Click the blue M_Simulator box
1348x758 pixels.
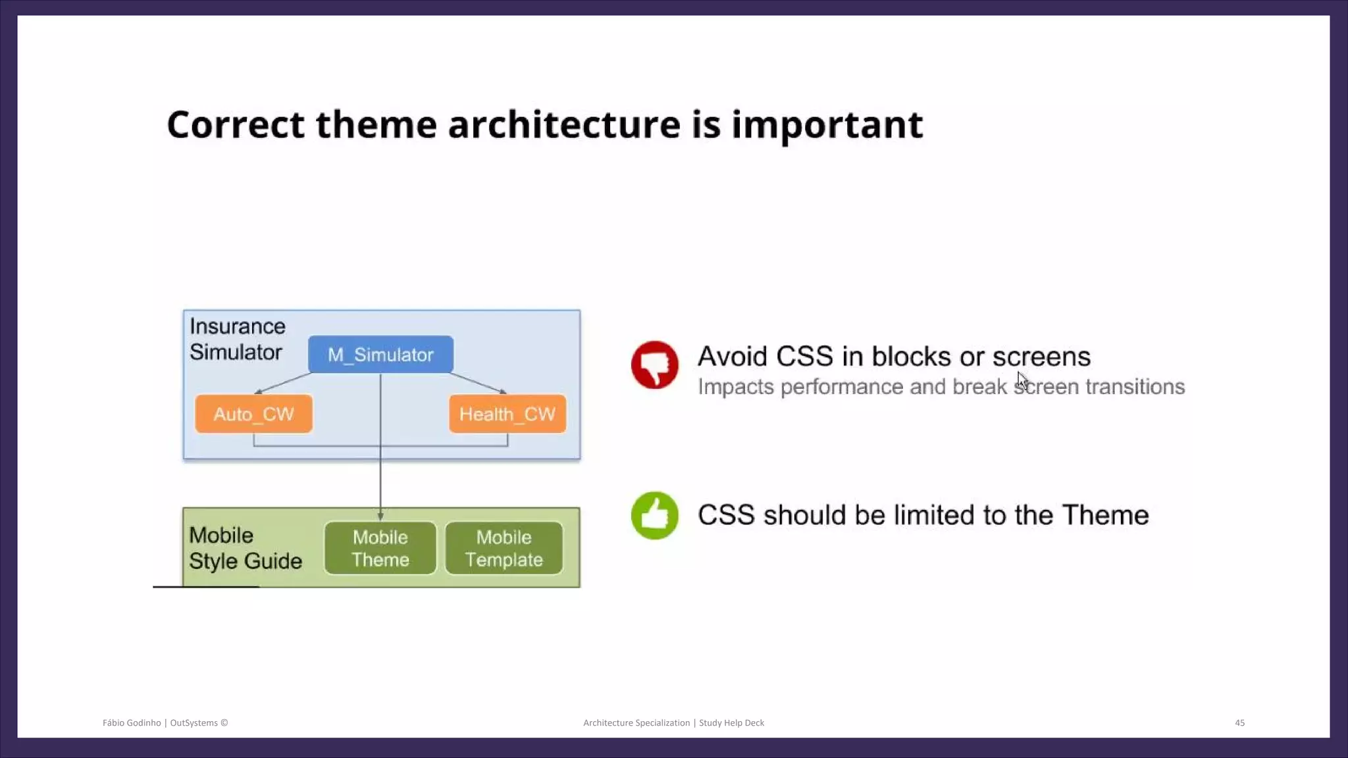point(380,355)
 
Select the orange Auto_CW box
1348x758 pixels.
point(253,414)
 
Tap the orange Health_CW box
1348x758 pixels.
point(507,414)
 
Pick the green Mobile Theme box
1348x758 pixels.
point(380,548)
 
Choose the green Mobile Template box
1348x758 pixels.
point(504,548)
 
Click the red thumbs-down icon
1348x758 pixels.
point(654,365)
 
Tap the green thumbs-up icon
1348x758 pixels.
point(654,515)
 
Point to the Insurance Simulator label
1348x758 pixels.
point(237,339)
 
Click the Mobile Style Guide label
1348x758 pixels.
point(245,548)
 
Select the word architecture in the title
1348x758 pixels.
point(563,124)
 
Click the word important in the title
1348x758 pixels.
point(827,124)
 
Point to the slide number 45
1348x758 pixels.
point(1239,722)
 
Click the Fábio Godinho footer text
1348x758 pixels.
point(132,722)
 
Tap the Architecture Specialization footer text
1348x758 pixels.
point(636,722)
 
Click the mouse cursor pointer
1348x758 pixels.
point(1022,380)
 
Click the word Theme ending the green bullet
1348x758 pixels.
point(1105,515)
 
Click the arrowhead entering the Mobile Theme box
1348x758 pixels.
point(380,517)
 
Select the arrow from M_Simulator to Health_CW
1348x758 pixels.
point(479,383)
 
